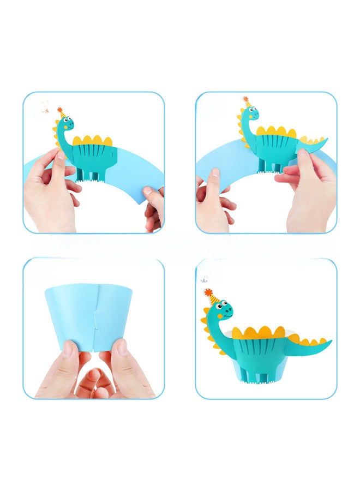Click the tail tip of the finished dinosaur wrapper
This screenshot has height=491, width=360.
(328, 344)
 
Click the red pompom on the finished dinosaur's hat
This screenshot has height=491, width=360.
(207, 292)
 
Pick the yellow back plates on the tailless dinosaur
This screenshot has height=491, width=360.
(96, 141)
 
